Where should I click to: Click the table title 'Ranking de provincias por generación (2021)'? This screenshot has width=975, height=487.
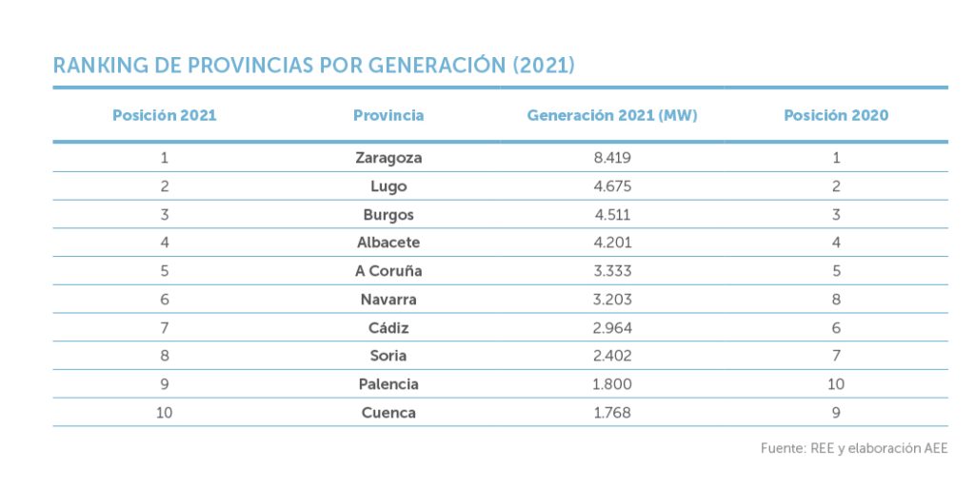pyautogui.click(x=313, y=66)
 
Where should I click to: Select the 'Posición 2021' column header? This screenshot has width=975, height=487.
pyautogui.click(x=164, y=115)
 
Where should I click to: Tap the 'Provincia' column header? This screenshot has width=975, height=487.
pyautogui.click(x=388, y=115)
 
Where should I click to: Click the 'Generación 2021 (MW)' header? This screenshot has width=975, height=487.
pyautogui.click(x=612, y=115)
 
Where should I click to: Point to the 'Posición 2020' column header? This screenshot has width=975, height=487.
pyautogui.click(x=836, y=115)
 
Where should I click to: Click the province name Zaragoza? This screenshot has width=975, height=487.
pyautogui.click(x=388, y=158)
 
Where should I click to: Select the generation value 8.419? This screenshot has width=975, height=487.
pyautogui.click(x=612, y=158)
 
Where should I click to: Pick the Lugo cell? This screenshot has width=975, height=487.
pyautogui.click(x=388, y=186)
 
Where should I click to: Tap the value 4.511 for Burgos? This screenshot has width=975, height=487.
pyautogui.click(x=612, y=215)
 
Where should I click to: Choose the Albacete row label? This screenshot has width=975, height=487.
pyautogui.click(x=388, y=243)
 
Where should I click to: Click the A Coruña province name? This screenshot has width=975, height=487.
pyautogui.click(x=388, y=271)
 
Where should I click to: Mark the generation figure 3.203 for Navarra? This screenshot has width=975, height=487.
pyautogui.click(x=612, y=300)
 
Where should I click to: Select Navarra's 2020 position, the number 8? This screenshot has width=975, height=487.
pyautogui.click(x=836, y=300)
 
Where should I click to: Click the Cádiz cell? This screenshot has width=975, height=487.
pyautogui.click(x=388, y=328)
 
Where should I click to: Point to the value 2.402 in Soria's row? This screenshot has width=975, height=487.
pyautogui.click(x=612, y=356)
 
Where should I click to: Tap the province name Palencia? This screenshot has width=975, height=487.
pyautogui.click(x=388, y=384)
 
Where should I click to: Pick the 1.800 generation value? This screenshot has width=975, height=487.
pyautogui.click(x=612, y=384)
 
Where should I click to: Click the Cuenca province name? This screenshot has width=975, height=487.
pyautogui.click(x=388, y=413)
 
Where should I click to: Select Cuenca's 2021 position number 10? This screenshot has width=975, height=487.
pyautogui.click(x=164, y=413)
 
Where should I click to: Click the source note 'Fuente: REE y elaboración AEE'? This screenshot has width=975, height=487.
pyautogui.click(x=854, y=448)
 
